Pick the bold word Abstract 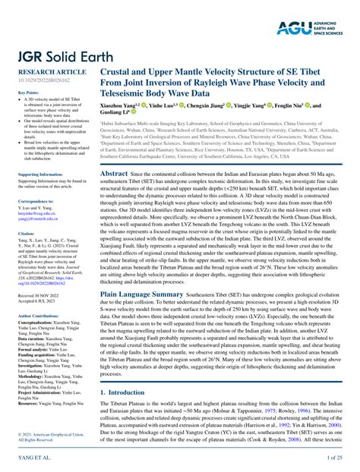(x=114, y=174)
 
